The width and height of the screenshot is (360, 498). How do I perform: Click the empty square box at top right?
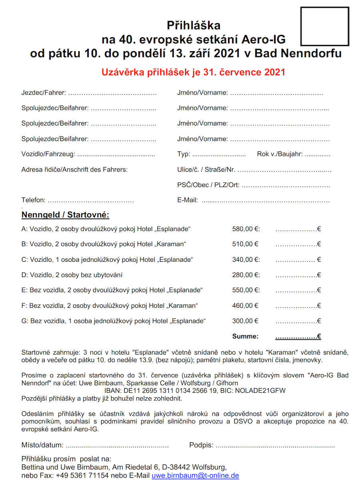pos(324,26)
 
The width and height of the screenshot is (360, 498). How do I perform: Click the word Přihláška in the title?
pos(194,26)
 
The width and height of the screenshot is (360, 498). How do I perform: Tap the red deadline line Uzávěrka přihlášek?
pos(193,72)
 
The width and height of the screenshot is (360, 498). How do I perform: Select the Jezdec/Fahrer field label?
pos(44,93)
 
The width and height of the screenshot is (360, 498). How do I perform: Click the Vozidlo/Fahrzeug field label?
pos(48,154)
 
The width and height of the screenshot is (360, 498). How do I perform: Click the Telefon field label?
pos(33,200)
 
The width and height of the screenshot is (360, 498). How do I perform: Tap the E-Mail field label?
pos(188,200)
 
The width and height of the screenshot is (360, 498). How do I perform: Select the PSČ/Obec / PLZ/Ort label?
pos(208,185)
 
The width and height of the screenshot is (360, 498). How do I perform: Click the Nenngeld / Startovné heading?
pos(65,215)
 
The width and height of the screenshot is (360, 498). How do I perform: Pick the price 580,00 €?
pos(246,229)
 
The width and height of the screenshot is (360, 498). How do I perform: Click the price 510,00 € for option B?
pos(245,244)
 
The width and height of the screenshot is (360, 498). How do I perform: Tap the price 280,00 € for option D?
pos(246,275)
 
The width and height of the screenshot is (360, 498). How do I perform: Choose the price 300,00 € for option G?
pos(245,321)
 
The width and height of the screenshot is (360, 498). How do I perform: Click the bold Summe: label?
pos(245,337)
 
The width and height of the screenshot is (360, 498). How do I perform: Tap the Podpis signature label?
pos(201,445)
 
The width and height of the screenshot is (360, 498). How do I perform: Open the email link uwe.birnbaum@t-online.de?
pos(195,476)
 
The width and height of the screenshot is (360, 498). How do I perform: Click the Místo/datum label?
pos(42,445)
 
